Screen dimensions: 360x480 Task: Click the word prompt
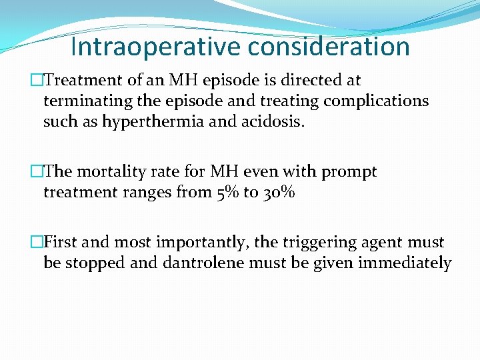[x=350, y=172]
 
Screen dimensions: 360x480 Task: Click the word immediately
[x=405, y=263]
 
